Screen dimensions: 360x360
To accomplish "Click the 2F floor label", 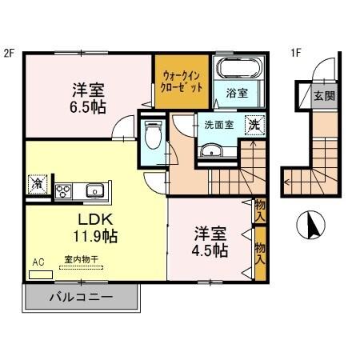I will [x=10, y=54].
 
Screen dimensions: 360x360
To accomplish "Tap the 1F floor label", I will [x=295, y=54].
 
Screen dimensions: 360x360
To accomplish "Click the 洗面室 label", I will [x=218, y=125].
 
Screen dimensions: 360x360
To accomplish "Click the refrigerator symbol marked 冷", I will [x=37, y=184].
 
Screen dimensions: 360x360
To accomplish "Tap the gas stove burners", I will [x=63, y=190].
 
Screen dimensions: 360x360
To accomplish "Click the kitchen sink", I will [x=93, y=190].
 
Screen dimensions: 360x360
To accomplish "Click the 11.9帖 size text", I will [x=93, y=236].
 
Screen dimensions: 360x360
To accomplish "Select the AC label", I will [x=38, y=262].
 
